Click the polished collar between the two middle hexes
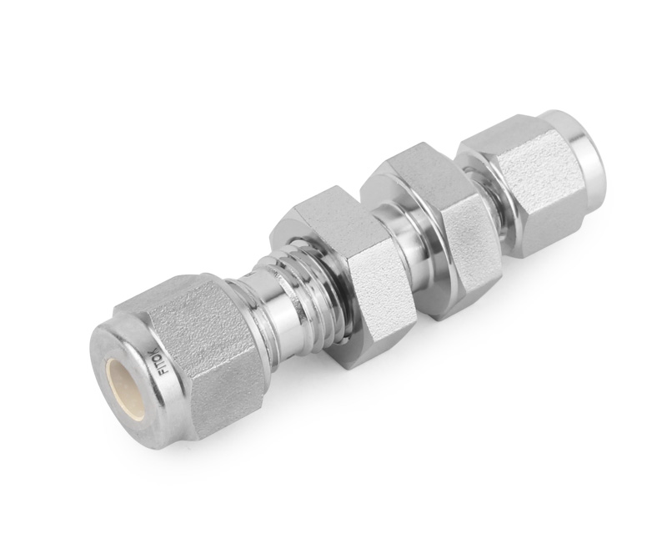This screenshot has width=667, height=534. (x=407, y=242)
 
